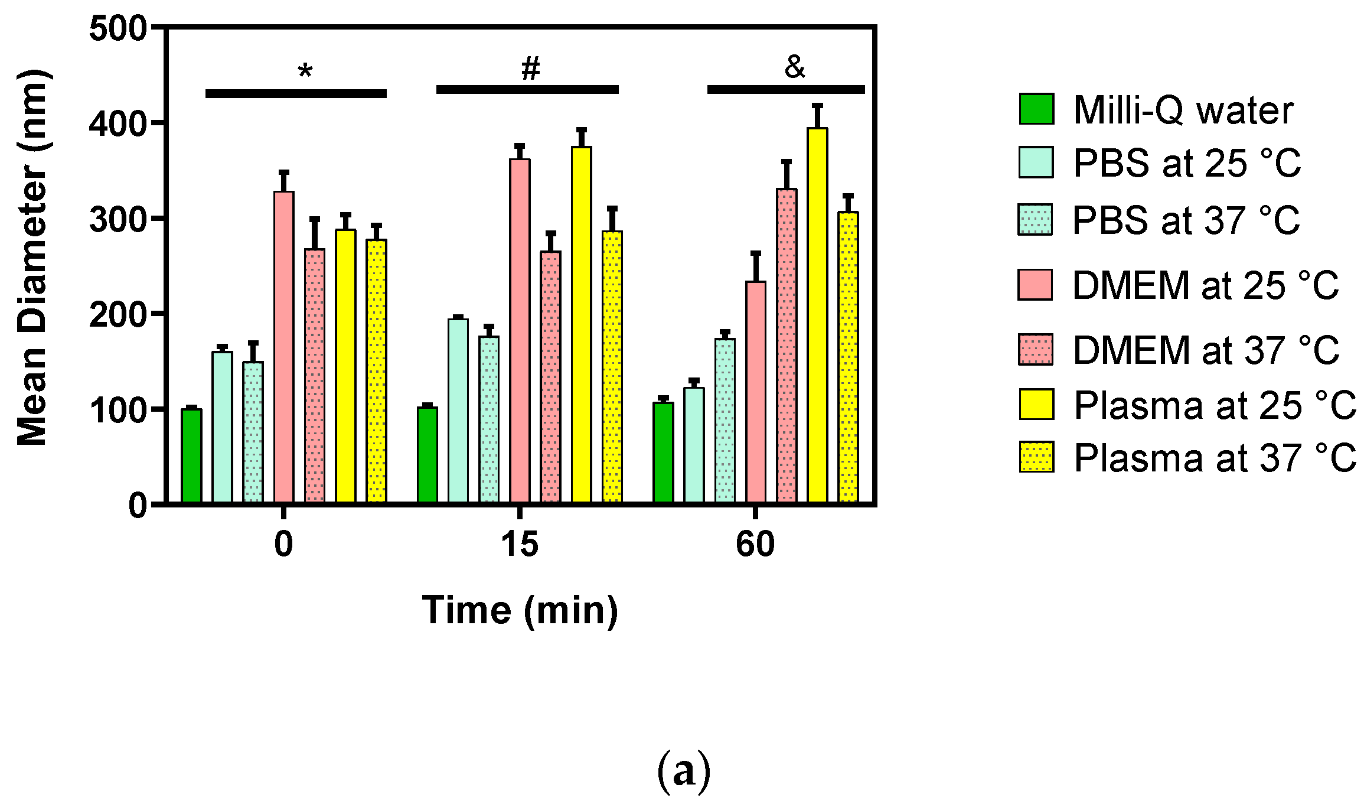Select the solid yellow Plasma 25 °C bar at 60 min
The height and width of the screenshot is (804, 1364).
point(817,315)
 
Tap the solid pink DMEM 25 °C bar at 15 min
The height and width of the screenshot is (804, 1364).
point(520,331)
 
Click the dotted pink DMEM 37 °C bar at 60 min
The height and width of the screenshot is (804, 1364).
point(787,346)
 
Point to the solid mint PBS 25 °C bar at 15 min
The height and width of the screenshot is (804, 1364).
point(458,411)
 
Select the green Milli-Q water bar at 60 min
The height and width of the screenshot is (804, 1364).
point(663,453)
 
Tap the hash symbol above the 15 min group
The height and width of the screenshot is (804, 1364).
point(530,69)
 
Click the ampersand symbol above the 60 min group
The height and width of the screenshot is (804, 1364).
point(795,67)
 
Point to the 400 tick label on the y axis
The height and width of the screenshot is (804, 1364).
point(118,124)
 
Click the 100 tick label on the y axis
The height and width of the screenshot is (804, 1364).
point(118,410)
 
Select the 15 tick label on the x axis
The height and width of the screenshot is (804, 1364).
point(520,544)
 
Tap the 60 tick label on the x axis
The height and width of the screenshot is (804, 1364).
point(755,544)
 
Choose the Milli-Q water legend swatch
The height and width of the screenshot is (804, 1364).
point(1036,109)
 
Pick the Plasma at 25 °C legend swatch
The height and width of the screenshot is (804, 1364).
point(1036,405)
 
